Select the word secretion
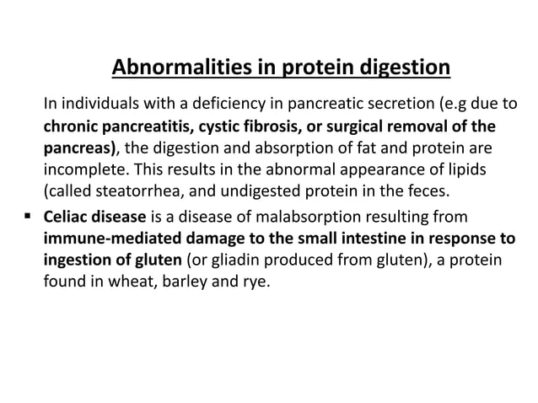click(401, 105)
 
